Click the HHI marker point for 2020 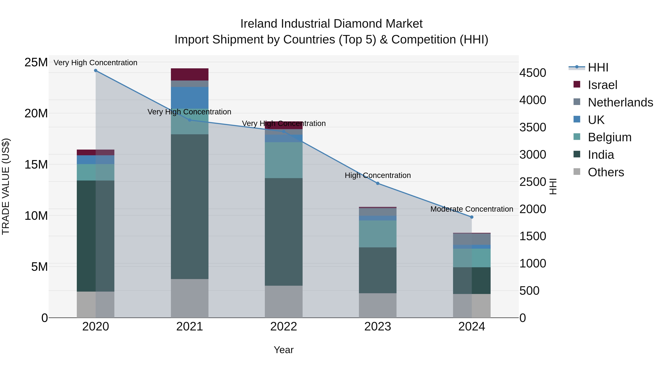pos(95,71)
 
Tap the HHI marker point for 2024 pos(471,217)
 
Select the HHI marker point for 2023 pos(378,183)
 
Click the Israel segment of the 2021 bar pos(190,74)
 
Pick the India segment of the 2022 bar pos(284,232)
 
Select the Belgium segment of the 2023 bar pos(378,234)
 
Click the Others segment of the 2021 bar pos(190,298)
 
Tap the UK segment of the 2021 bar pos(190,98)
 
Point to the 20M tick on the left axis pos(36,113)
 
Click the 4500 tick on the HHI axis pos(532,73)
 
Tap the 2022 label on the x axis pos(284,327)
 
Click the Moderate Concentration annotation pos(471,209)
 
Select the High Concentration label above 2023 pos(378,175)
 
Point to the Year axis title pos(283,350)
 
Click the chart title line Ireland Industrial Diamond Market pos(331,24)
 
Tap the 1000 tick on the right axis pos(532,263)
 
